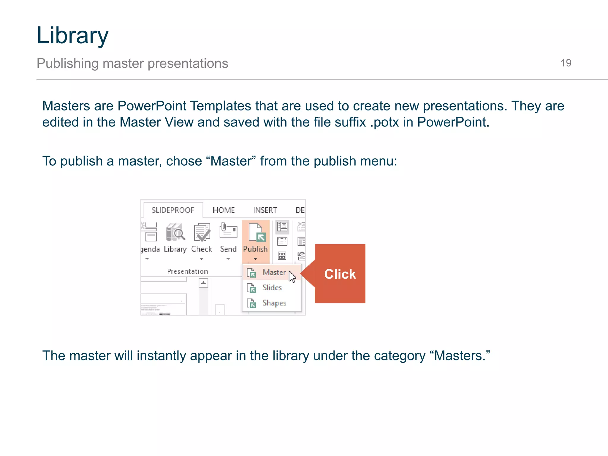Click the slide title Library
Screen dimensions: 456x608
(72, 36)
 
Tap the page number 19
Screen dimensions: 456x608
(566, 63)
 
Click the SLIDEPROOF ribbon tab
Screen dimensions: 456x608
(173, 210)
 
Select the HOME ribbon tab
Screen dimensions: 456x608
(224, 210)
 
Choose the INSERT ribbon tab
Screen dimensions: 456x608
(265, 210)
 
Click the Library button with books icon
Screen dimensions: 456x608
(175, 237)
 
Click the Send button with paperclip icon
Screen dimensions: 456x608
(228, 237)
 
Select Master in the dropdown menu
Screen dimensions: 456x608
(274, 273)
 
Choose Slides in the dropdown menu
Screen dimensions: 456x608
(272, 288)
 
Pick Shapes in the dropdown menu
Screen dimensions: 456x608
(274, 303)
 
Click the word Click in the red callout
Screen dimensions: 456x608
(340, 274)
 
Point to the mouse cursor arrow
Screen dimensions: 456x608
(292, 276)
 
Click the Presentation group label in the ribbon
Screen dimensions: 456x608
(187, 271)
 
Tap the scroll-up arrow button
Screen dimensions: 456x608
(203, 283)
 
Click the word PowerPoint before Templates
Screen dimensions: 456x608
(152, 106)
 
